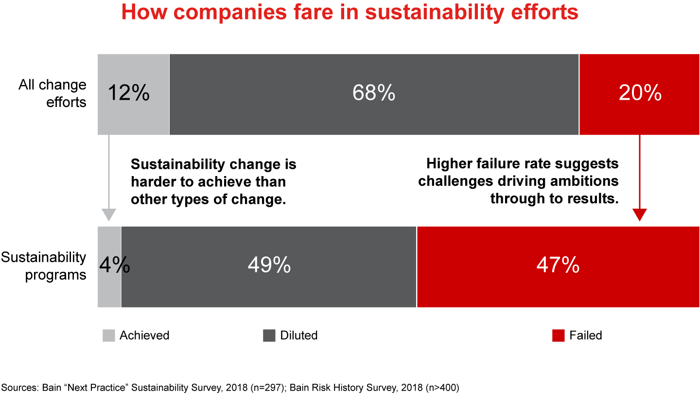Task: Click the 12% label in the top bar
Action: (x=128, y=93)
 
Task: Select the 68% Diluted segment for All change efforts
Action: (x=373, y=93)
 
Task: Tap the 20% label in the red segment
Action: (x=640, y=93)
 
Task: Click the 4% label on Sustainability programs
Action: (x=114, y=266)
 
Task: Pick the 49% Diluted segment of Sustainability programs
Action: (x=269, y=266)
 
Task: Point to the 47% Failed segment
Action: (x=558, y=266)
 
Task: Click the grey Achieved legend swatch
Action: (x=109, y=336)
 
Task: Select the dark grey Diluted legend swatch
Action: (x=269, y=336)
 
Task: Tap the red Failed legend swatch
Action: (x=559, y=336)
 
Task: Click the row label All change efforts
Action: (x=52, y=93)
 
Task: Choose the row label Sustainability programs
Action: (x=44, y=266)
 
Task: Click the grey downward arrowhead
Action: (x=109, y=215)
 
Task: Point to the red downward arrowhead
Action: (x=640, y=215)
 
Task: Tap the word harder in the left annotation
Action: (x=153, y=182)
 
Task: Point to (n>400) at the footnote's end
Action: (x=441, y=388)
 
